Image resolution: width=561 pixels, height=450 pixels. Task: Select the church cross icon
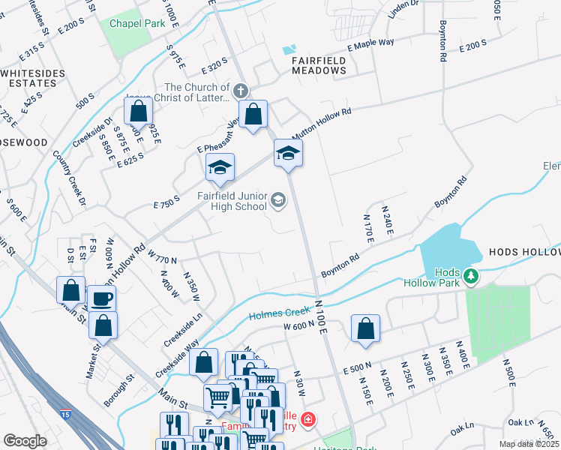click(x=240, y=91)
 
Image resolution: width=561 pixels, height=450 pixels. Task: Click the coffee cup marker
click(x=102, y=299)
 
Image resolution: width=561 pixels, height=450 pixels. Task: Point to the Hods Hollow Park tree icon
click(x=471, y=276)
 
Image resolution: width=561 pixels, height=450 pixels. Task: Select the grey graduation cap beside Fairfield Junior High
click(x=278, y=199)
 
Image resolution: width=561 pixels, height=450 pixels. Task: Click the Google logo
click(x=25, y=441)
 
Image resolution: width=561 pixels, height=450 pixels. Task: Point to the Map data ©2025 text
click(x=529, y=444)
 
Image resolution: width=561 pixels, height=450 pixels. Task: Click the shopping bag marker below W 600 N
click(x=365, y=328)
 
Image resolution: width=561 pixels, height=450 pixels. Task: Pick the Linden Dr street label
click(x=403, y=10)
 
